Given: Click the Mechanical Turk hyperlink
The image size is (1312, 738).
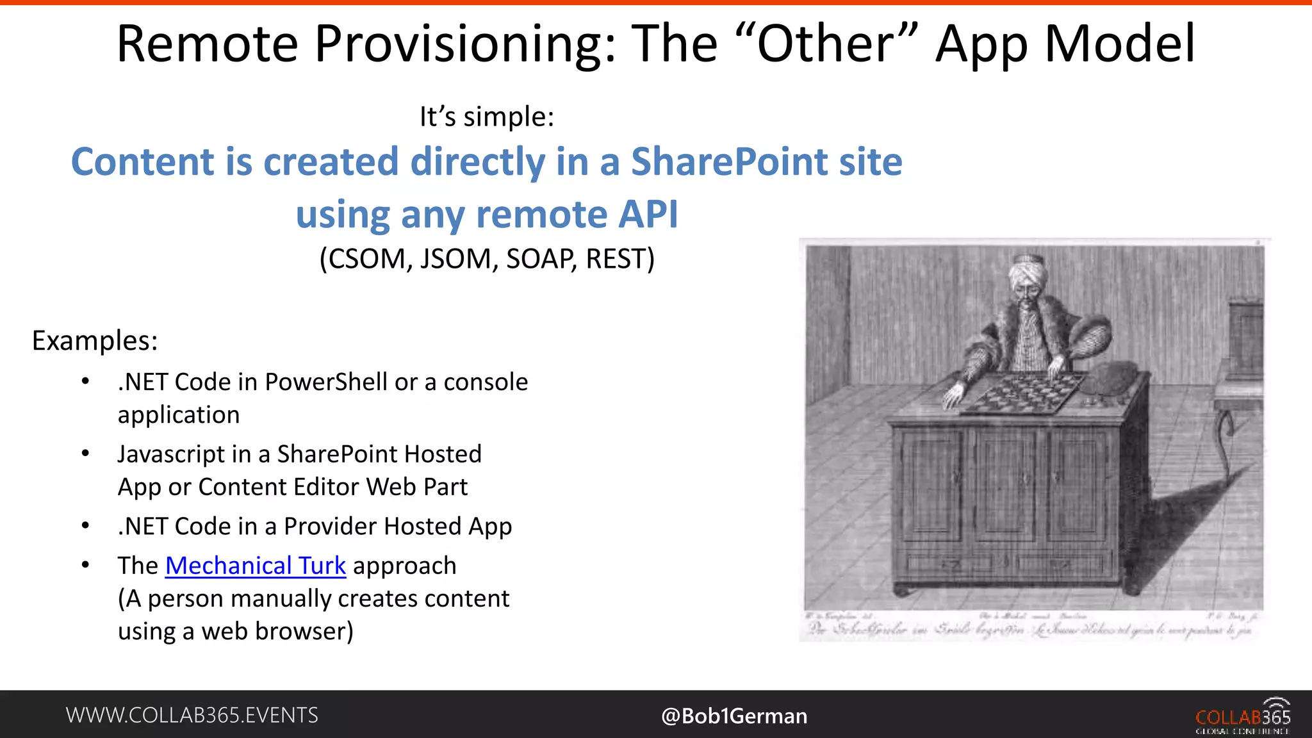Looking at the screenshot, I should [x=255, y=566].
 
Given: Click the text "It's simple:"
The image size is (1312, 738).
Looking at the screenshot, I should [x=487, y=117].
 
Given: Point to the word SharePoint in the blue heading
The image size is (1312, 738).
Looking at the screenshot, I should [x=730, y=161].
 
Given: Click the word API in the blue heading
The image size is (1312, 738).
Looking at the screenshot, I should [x=647, y=214].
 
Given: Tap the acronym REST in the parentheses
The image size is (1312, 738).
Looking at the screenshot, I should [x=619, y=259].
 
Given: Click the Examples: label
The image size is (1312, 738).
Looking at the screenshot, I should [x=95, y=341].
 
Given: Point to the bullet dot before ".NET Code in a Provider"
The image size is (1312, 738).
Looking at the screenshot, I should [x=85, y=526].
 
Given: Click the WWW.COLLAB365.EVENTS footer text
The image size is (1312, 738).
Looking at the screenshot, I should [x=192, y=715].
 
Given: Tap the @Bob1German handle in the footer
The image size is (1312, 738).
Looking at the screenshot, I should [x=734, y=716].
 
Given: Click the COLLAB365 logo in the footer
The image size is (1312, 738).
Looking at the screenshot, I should [x=1243, y=716].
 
